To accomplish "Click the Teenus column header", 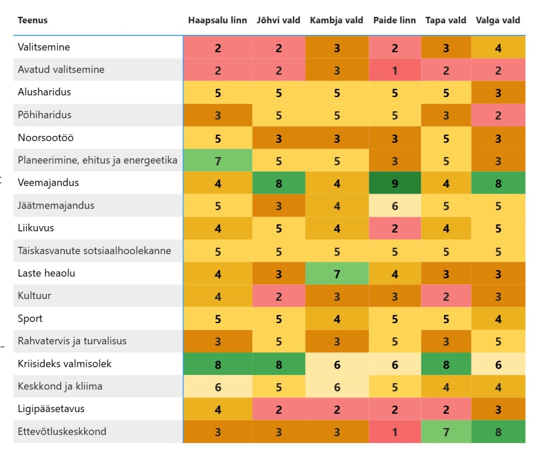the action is (x=32, y=20).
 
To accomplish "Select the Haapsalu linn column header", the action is (x=217, y=20).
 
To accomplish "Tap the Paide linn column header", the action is (x=394, y=20).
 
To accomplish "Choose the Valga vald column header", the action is (x=498, y=20).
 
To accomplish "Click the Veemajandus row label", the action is (x=48, y=183).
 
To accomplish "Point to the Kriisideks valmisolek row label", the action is (x=65, y=363).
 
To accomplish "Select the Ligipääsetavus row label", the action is (x=51, y=409).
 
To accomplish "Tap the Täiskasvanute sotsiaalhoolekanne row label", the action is (x=94, y=251).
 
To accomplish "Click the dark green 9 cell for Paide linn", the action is (x=395, y=183).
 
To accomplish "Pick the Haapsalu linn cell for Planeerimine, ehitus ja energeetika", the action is (x=217, y=160).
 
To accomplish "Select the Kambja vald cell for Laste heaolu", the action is (x=337, y=274).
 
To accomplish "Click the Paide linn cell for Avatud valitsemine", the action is (x=395, y=70).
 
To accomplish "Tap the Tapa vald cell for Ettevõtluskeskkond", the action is (x=446, y=432).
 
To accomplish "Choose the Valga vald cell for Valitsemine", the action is (x=498, y=47).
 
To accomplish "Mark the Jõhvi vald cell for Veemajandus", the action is (x=279, y=183).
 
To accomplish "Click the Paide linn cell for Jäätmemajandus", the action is (x=395, y=206).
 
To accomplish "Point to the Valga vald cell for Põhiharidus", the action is (x=498, y=115).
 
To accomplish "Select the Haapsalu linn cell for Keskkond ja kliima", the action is (x=217, y=386).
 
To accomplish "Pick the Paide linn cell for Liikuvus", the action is (x=395, y=228).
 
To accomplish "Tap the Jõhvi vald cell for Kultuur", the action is (x=279, y=296).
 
